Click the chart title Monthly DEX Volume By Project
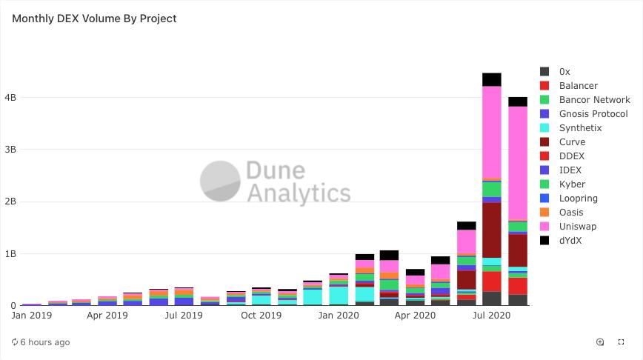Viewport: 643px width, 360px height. (x=94, y=19)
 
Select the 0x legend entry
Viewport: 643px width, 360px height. (x=564, y=72)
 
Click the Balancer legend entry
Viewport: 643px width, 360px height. (x=578, y=86)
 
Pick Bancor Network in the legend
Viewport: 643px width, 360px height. (x=594, y=100)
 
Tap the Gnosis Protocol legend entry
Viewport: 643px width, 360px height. (x=593, y=114)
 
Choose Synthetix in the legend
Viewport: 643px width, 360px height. (x=580, y=128)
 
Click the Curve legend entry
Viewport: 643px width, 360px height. (x=572, y=142)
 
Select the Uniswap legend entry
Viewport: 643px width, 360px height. (x=577, y=227)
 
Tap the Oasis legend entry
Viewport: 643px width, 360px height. (x=570, y=213)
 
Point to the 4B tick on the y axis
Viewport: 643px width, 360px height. (x=10, y=98)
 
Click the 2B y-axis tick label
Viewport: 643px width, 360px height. (x=10, y=201)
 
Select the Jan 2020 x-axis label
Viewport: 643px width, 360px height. (x=339, y=316)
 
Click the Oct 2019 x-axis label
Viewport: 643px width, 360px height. (x=261, y=316)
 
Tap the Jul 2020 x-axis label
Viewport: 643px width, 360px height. (x=492, y=316)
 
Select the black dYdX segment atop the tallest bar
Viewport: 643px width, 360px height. (x=492, y=79)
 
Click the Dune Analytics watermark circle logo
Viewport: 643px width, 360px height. (x=220, y=181)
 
